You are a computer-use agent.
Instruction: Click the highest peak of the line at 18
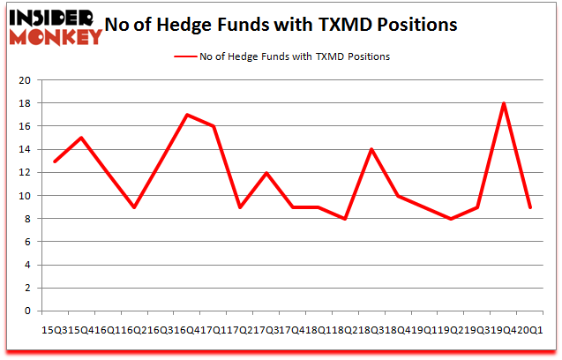[504, 103]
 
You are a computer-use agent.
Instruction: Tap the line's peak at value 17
[187, 115]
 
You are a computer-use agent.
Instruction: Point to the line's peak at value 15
[81, 138]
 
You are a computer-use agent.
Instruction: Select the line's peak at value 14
[371, 149]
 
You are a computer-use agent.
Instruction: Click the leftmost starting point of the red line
[55, 161]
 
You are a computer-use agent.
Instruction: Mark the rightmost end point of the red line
[530, 206]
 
